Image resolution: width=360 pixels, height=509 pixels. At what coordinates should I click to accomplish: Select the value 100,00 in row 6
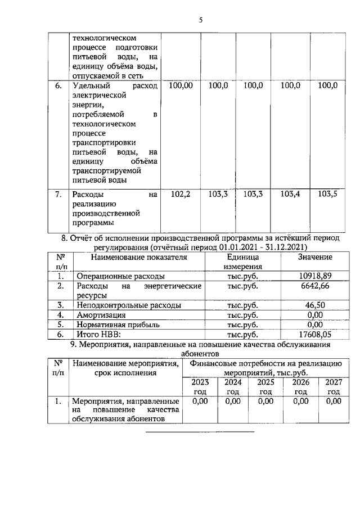tap(181, 85)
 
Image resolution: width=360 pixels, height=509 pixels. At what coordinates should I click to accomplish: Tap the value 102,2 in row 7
tap(181, 194)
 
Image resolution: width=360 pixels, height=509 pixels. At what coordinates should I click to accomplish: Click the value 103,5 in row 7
tap(327, 194)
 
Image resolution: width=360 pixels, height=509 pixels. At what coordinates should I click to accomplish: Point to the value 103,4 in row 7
tap(290, 194)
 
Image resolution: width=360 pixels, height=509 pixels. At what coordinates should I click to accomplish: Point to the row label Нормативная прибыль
tap(116, 324)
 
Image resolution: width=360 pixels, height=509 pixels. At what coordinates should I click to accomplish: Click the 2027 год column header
tap(334, 387)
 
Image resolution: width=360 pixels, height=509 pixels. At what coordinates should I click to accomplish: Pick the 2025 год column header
tap(265, 387)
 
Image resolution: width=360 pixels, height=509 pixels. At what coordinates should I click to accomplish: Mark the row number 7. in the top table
tap(58, 195)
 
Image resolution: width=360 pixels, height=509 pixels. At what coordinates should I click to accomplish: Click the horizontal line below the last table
tap(200, 432)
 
